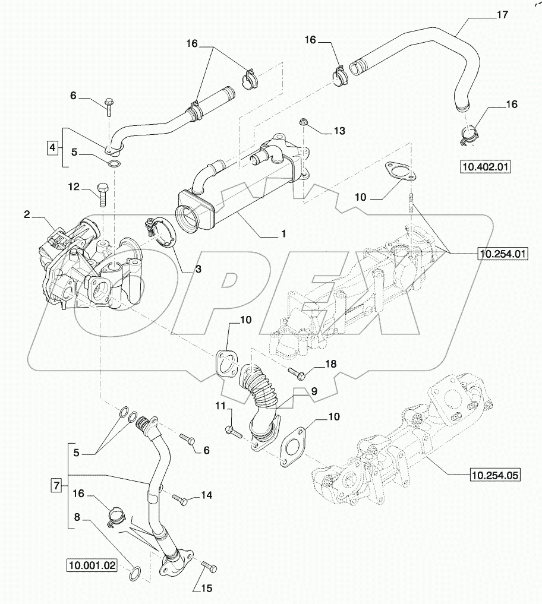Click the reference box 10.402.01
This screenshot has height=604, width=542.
[x=486, y=167]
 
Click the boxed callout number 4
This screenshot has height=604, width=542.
[x=53, y=146]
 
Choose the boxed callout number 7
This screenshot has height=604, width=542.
[x=57, y=486]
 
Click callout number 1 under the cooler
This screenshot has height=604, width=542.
[x=284, y=234]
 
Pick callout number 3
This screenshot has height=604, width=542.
[x=198, y=269]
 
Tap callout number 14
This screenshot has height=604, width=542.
[x=206, y=495]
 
